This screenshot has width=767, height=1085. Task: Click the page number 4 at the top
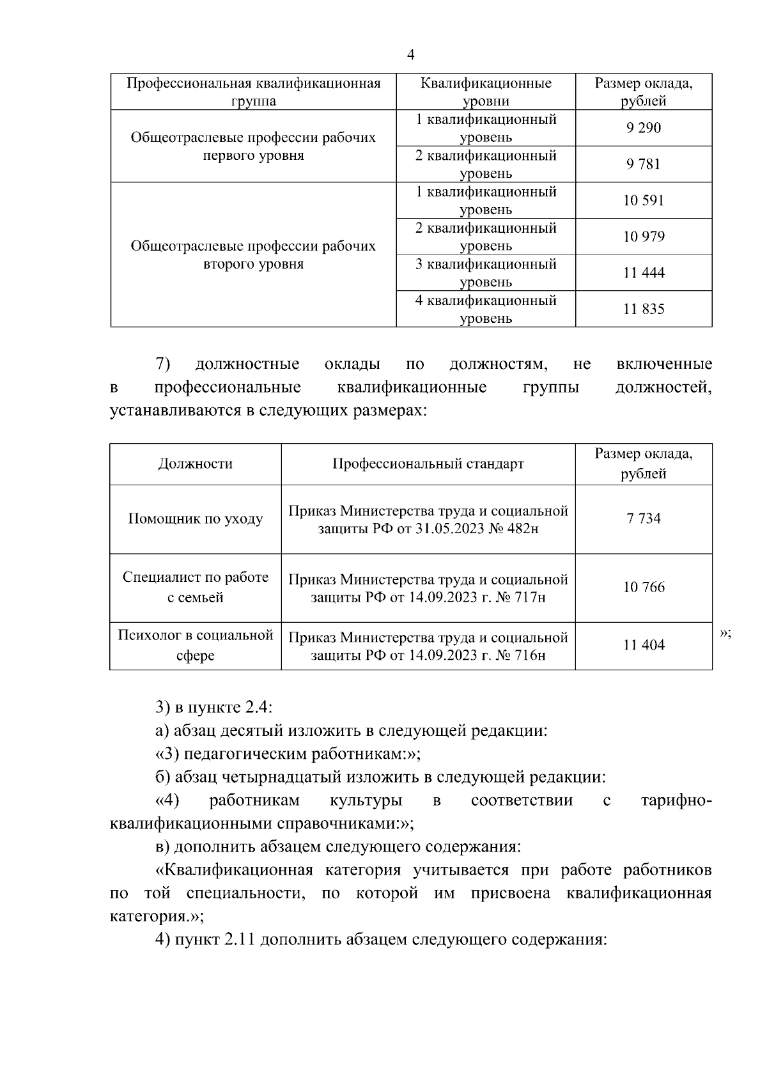tap(411, 56)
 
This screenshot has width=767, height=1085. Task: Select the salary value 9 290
tap(644, 128)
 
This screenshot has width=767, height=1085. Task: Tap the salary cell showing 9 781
tap(644, 164)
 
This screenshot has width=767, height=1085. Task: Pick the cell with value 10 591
tap(644, 201)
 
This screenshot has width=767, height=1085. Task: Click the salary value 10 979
tap(644, 237)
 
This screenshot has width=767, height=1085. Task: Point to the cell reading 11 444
tap(644, 273)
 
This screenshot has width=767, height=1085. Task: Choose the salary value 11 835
tap(644, 309)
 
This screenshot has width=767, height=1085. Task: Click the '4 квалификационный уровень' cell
tap(486, 309)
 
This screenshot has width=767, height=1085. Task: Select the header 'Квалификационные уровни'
tap(486, 92)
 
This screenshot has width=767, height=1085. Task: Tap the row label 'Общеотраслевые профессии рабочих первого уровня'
tap(253, 146)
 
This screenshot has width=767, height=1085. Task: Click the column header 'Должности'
tap(196, 464)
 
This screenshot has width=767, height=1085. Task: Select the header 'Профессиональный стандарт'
tap(428, 464)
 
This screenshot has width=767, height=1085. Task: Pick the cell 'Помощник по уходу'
tap(196, 519)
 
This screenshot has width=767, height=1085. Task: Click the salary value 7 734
tap(644, 519)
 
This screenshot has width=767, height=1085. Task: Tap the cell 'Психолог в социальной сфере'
tap(196, 646)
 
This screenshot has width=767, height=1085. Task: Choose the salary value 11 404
tap(644, 646)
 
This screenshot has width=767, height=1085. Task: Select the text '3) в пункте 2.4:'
tap(214, 708)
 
